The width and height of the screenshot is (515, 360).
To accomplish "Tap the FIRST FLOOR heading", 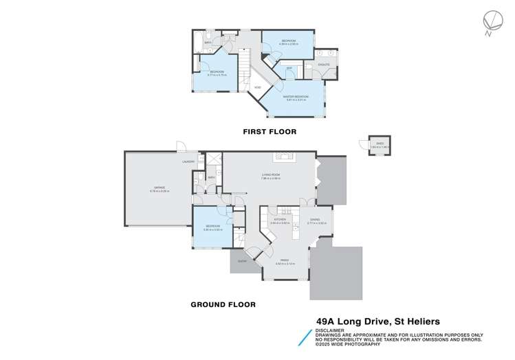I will [263, 131].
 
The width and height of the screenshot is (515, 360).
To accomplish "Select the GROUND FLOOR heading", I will [222, 304].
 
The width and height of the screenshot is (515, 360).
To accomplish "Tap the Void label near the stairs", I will [256, 87].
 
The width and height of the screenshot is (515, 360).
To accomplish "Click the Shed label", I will [375, 144].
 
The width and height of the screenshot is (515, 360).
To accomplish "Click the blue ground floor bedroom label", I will [212, 227].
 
